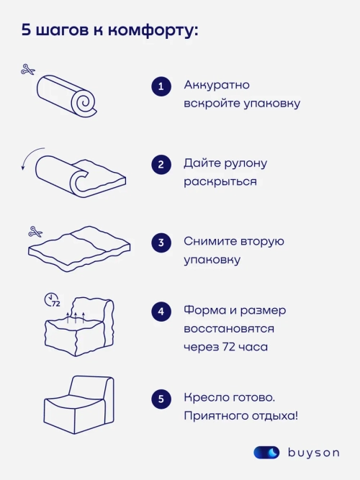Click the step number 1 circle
(x=161, y=87)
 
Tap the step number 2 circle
(x=161, y=165)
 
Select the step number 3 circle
(x=161, y=243)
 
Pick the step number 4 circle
(x=161, y=312)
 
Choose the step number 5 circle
(x=161, y=399)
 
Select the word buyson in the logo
(x=313, y=453)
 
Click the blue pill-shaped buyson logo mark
(x=266, y=453)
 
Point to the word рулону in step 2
(x=242, y=163)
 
